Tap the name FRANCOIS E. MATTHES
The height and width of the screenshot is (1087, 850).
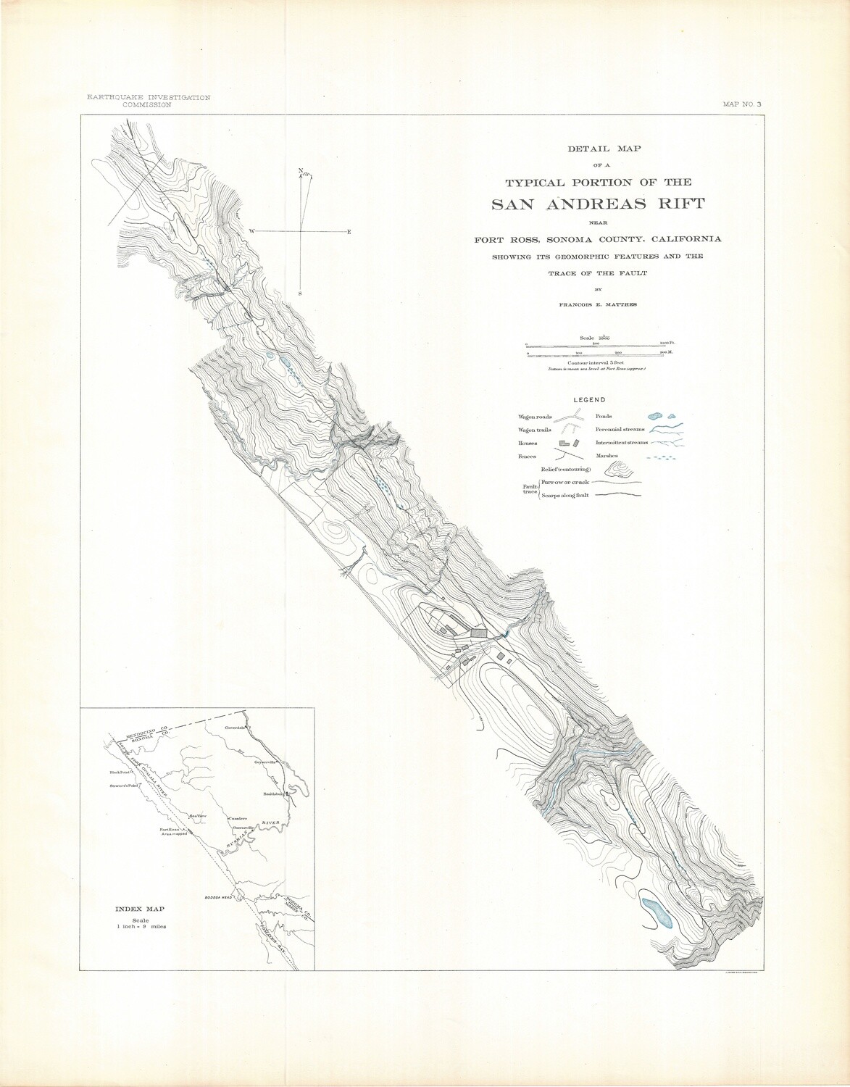click(x=598, y=305)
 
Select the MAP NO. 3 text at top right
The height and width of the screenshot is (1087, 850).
click(x=742, y=104)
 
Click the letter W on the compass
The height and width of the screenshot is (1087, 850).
click(x=252, y=230)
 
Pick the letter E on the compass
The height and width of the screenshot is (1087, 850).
click(x=349, y=231)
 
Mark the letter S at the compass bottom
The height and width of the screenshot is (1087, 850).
click(x=300, y=293)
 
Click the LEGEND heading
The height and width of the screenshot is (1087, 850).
click(x=589, y=399)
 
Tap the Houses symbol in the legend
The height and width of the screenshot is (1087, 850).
click(x=570, y=443)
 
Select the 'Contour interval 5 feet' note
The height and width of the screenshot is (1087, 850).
click(x=596, y=363)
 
